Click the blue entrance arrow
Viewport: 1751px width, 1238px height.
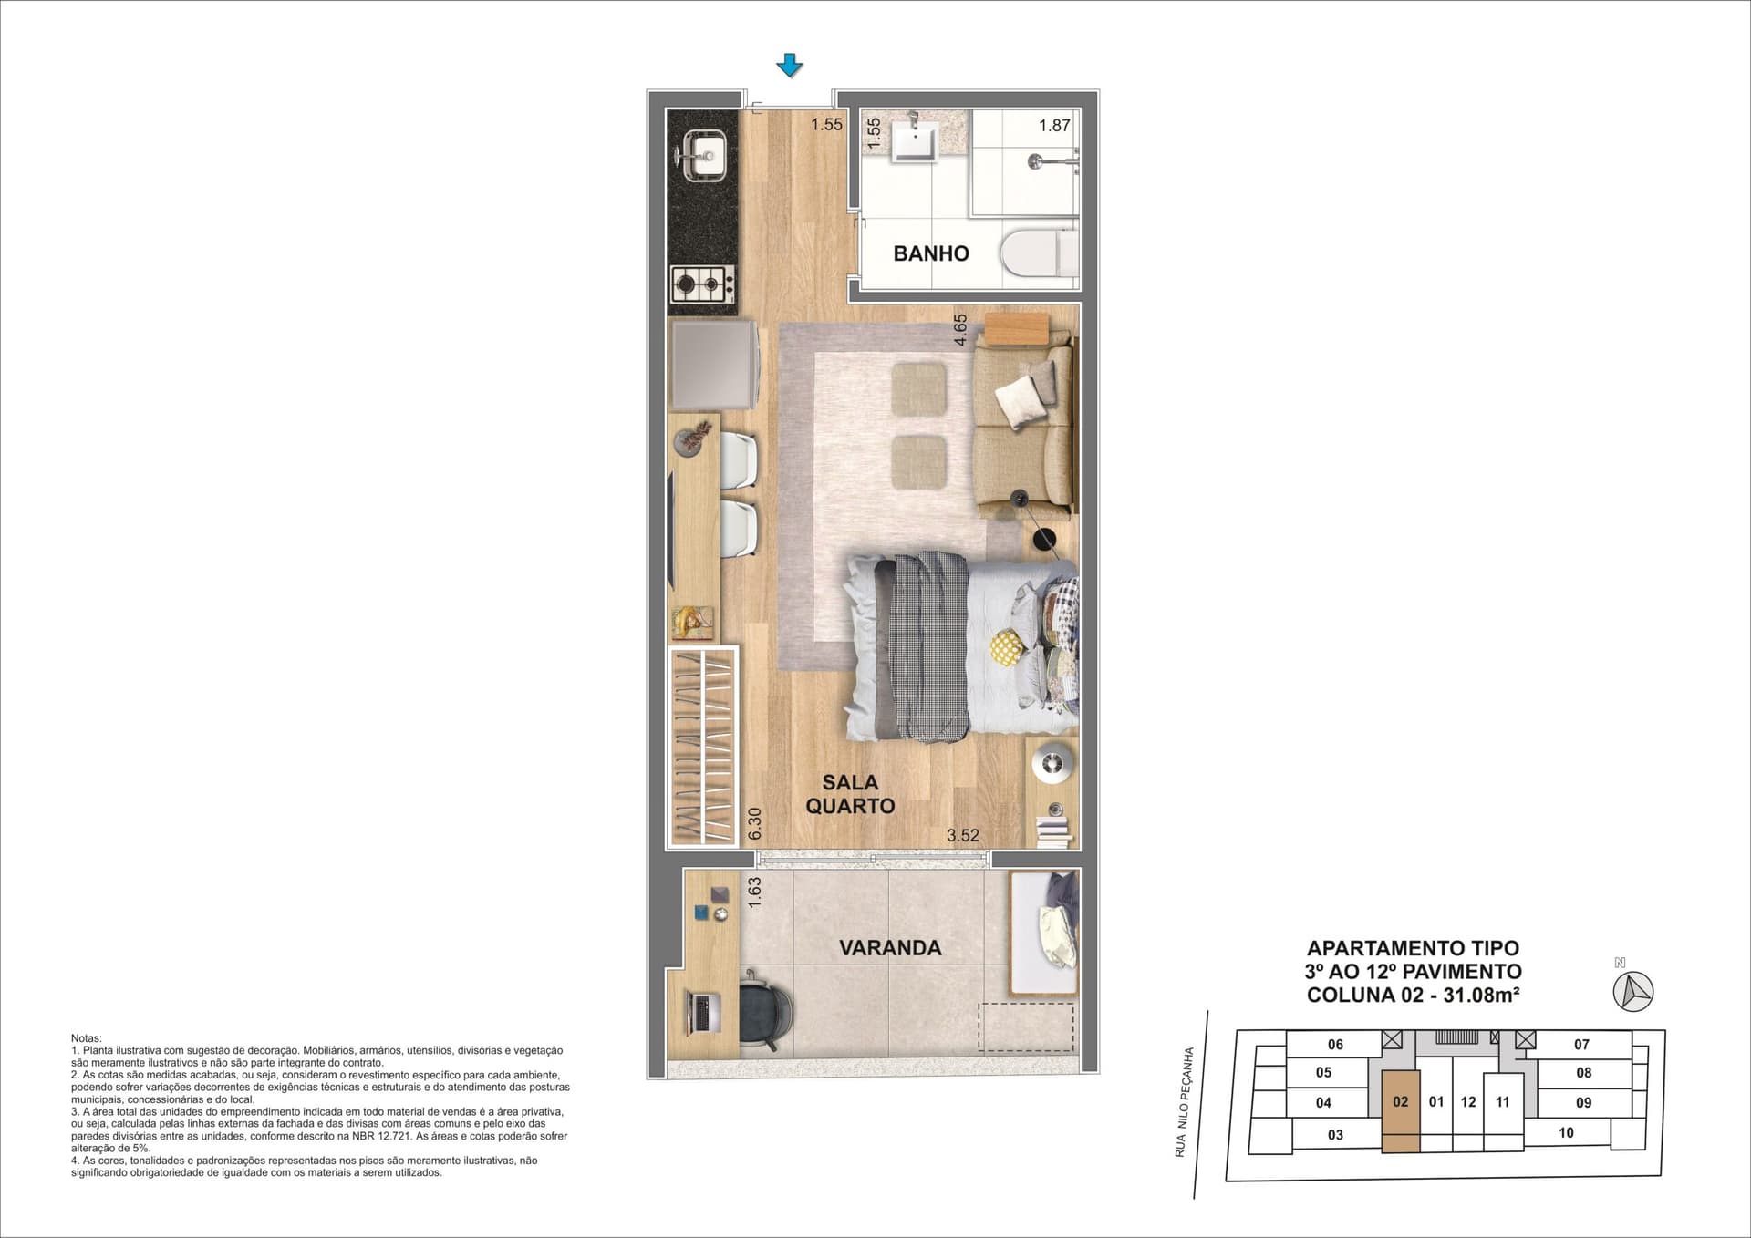pyautogui.click(x=789, y=65)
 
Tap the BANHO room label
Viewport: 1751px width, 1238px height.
pyautogui.click(x=931, y=253)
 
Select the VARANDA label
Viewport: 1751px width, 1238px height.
pyautogui.click(x=890, y=948)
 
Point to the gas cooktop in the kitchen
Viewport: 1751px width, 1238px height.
pyautogui.click(x=702, y=284)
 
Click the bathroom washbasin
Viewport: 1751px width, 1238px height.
pyautogui.click(x=916, y=141)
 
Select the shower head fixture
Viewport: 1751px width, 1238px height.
pyautogui.click(x=1041, y=161)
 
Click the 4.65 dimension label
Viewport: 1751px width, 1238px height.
pyautogui.click(x=960, y=331)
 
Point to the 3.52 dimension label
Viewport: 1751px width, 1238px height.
pyautogui.click(x=963, y=835)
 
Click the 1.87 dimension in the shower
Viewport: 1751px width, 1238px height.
pyautogui.click(x=1054, y=126)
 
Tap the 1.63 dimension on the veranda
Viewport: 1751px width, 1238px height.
pyautogui.click(x=754, y=892)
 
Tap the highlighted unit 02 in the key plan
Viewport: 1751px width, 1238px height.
pyautogui.click(x=1400, y=1112)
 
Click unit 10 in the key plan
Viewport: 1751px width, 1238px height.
pyautogui.click(x=1566, y=1133)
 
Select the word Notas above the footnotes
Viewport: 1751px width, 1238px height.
pyautogui.click(x=87, y=1038)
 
